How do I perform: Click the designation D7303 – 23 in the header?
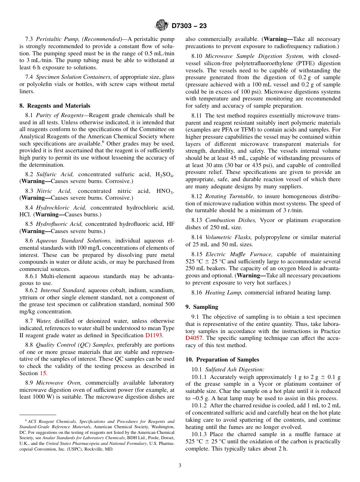189,26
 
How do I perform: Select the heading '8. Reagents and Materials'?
55,106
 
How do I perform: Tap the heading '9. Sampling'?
202,307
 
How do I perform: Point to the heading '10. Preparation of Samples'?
222,360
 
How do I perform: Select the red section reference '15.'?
44,373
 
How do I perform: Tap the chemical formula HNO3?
165,191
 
